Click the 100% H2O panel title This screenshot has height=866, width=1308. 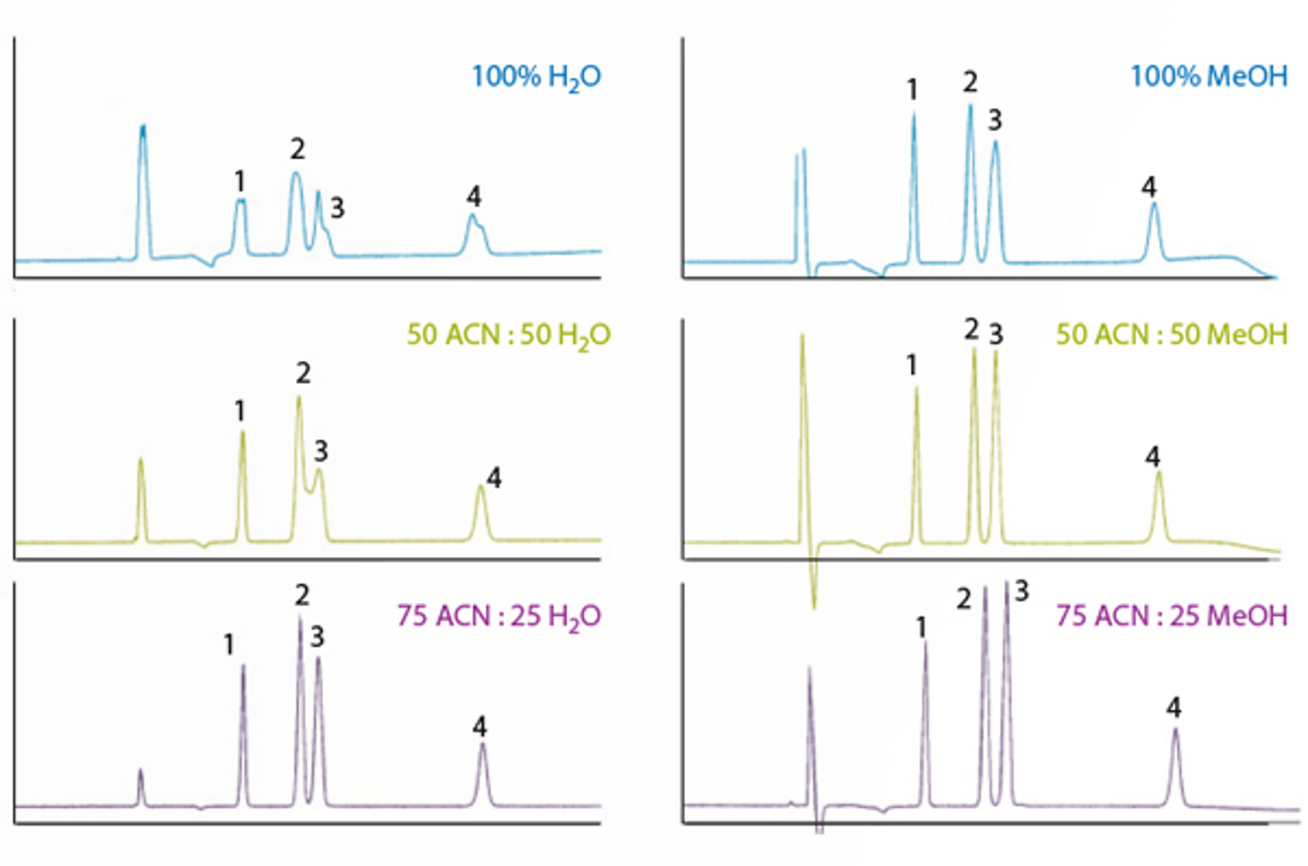tap(536, 77)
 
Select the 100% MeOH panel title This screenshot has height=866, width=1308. tap(1208, 77)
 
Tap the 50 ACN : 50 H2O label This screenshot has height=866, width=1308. tap(508, 335)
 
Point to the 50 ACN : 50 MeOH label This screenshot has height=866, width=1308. tap(1171, 335)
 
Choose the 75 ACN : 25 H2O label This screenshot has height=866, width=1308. tap(499, 616)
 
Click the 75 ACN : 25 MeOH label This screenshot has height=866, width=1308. tap(1171, 616)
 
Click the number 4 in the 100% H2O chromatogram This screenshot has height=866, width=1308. tap(473, 196)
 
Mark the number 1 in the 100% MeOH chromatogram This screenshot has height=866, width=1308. tap(912, 89)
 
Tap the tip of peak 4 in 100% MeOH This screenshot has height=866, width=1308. tap(1153, 203)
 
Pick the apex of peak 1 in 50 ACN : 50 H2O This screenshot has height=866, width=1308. tap(242, 432)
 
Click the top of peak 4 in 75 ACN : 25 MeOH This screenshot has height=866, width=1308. tap(1176, 730)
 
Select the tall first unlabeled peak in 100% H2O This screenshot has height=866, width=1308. tap(143, 127)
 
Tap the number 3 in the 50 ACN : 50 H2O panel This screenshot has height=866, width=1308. tap(321, 450)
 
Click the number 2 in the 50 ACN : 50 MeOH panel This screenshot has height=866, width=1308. tap(971, 329)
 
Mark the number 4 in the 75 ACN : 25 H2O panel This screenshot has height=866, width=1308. tap(479, 726)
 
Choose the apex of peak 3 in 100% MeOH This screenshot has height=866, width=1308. tap(995, 143)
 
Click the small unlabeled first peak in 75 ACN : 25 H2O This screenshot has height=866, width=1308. tap(140, 770)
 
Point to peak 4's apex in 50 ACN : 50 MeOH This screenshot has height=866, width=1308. tap(1158, 472)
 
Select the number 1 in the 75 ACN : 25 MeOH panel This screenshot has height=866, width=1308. tap(921, 627)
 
